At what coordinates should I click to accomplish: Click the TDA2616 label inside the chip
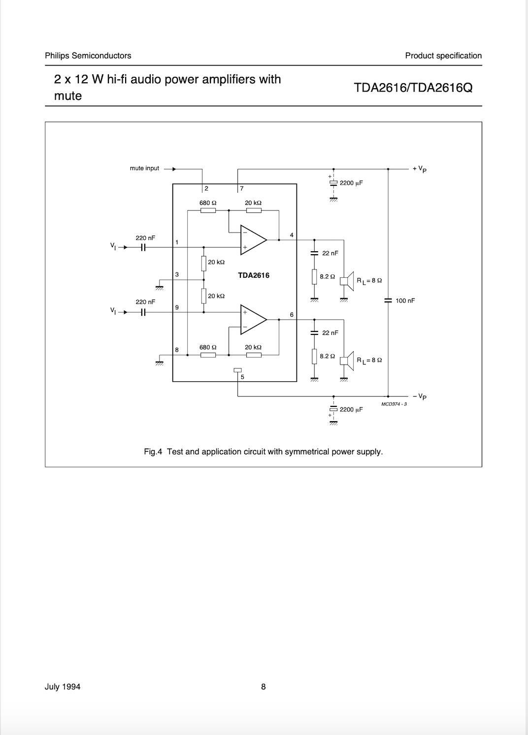[x=254, y=275]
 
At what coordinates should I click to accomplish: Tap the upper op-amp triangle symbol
[x=252, y=240]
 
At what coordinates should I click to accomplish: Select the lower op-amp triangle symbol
[x=252, y=320]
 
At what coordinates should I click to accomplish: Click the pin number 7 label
[x=242, y=188]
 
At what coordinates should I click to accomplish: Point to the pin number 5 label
[x=242, y=377]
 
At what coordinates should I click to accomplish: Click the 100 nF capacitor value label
[x=405, y=301]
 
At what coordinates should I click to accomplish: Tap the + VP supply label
[x=420, y=169]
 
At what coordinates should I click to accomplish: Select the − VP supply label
[x=420, y=396]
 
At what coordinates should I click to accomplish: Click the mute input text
[x=144, y=168]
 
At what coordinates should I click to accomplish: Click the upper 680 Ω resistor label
[x=208, y=203]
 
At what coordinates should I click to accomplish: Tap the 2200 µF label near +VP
[x=351, y=183]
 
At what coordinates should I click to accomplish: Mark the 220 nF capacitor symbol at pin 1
[x=143, y=248]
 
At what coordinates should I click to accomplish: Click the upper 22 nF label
[x=330, y=253]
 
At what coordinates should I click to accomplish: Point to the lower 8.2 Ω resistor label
[x=327, y=356]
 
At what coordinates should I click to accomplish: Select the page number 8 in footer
[x=264, y=687]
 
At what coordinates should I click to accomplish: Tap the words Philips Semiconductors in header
[x=88, y=56]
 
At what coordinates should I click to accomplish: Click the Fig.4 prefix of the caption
[x=153, y=452]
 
